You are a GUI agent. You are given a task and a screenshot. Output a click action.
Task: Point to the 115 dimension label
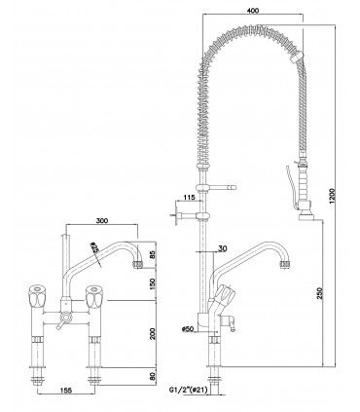coord(189,200)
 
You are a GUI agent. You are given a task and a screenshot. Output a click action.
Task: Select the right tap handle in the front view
coord(98,290)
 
